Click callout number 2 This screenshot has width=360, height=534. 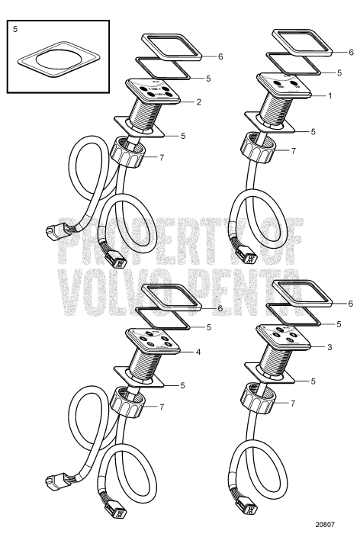pos(198,101)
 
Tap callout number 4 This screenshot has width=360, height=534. pos(198,352)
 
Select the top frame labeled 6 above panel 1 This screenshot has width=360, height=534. pos(301,44)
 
